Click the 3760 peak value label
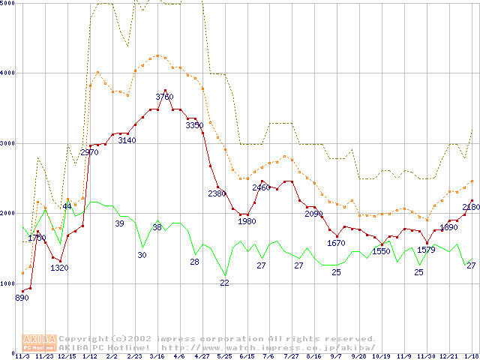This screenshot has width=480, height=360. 164,97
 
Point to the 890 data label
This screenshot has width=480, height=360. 22,298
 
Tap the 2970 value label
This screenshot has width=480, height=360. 89,153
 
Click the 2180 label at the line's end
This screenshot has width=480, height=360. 470,207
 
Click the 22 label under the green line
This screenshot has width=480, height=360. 224,283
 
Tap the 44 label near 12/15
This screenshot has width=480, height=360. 67,206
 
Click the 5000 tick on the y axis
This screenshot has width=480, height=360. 8,4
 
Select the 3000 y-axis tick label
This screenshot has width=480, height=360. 8,142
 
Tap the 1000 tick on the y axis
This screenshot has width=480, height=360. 8,283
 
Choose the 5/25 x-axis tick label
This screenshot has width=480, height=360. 224,356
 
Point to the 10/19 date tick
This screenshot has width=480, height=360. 381,356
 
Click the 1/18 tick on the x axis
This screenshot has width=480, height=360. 471,356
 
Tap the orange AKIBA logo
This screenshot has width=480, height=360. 39,343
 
